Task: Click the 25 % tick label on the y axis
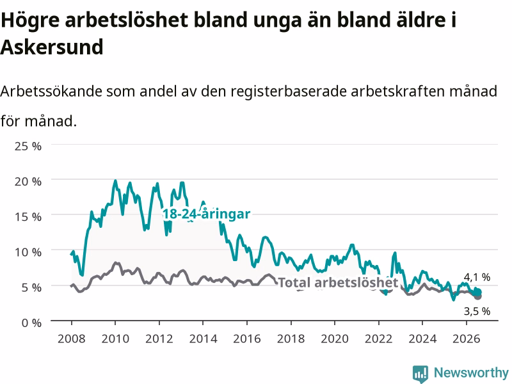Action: coord(28,146)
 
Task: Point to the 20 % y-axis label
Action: coord(28,181)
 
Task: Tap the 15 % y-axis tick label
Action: coord(28,216)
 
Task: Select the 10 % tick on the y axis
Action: coord(28,252)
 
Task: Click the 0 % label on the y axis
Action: coord(31,323)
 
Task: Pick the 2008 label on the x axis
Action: coord(72,339)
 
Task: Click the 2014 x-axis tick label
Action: coord(203,339)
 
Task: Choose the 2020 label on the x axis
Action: coord(335,339)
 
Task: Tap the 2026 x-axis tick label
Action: coord(467,339)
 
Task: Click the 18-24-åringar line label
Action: coord(206,214)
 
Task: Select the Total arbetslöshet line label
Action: coord(338,282)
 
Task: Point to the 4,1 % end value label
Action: coord(477,277)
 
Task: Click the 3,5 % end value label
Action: coord(477,311)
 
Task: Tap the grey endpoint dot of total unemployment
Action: coord(478,296)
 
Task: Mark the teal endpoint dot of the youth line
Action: coord(478,292)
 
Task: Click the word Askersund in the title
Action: coord(52,47)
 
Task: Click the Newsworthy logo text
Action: coord(471,372)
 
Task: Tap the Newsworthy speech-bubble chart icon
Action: coord(420,374)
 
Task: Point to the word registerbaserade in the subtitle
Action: coord(289,92)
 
